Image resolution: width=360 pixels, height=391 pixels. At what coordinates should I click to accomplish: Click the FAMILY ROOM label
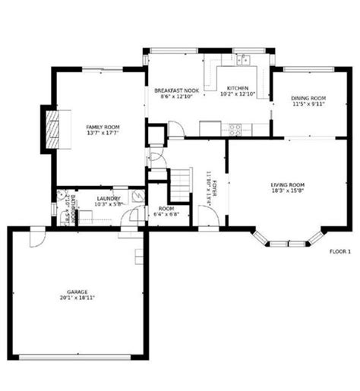tap(102, 127)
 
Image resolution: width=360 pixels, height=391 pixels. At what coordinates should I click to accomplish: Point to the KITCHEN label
tap(238, 89)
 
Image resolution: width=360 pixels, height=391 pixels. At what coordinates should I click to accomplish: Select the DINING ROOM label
tap(309, 99)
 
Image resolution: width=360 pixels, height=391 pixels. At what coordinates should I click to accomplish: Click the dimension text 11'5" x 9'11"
tap(309, 105)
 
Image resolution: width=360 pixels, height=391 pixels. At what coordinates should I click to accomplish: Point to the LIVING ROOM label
tap(288, 184)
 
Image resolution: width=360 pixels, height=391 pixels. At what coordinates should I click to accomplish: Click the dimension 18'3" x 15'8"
tap(288, 191)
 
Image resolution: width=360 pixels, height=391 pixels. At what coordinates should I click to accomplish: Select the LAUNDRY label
tap(104, 198)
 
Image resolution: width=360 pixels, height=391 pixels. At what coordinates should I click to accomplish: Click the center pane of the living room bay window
tap(288, 244)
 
